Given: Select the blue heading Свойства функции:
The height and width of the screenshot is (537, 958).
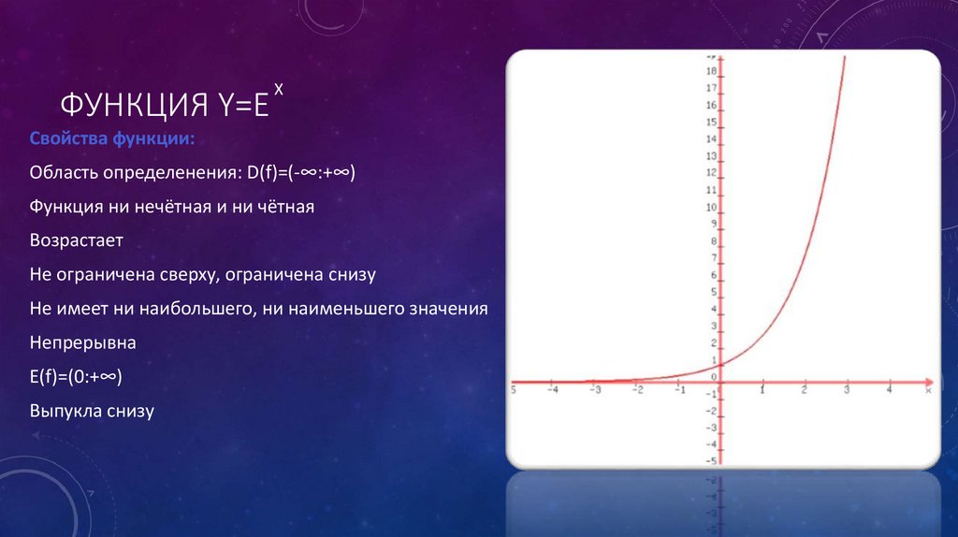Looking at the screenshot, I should click(112, 139).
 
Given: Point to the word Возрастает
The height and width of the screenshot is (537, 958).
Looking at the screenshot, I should click(77, 240).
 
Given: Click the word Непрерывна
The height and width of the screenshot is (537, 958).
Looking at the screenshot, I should click(83, 342).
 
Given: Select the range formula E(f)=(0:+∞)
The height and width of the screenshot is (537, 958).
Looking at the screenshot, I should click(77, 376).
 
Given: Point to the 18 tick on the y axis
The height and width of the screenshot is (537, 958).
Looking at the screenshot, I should click(712, 72).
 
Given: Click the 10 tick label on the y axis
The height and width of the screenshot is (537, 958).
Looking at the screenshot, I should click(712, 208).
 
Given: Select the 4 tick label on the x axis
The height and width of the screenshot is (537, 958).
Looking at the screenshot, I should click(889, 391).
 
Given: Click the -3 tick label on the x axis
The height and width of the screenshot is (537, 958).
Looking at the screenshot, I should click(595, 391).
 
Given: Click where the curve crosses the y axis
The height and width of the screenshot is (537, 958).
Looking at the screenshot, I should click(722, 365).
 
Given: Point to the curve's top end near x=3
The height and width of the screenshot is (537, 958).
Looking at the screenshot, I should click(845, 58).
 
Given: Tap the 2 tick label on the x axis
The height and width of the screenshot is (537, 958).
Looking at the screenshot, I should click(805, 391).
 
